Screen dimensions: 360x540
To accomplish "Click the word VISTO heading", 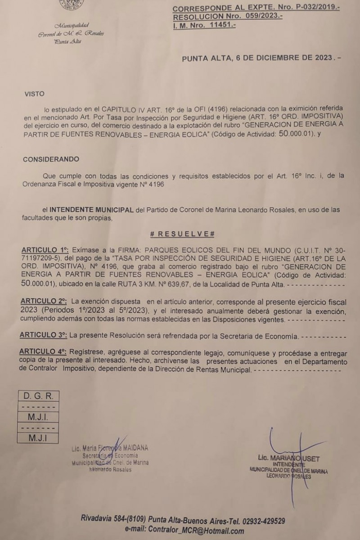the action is click(x=35, y=94).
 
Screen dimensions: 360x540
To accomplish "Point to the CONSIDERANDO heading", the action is click(x=51, y=159).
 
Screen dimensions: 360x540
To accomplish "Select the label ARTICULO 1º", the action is click(x=45, y=249).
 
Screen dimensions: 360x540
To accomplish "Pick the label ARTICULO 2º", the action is click(x=45, y=300).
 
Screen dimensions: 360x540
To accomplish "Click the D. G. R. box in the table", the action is click(x=38, y=396).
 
